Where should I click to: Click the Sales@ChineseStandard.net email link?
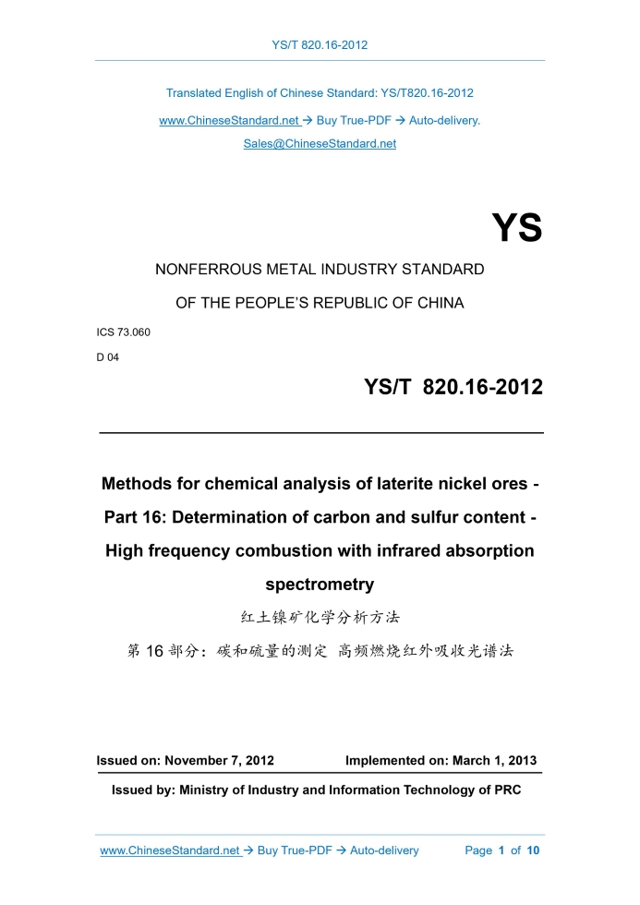pos(320,144)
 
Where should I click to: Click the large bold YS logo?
pos(516,228)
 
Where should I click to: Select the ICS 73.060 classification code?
pos(123,332)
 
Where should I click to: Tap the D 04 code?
pos(107,357)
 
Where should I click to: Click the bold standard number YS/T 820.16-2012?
pos(453,388)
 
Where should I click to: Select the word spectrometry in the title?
pos(320,584)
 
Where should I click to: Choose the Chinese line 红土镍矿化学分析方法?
pos(320,617)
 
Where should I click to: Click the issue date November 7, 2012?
pos(219,761)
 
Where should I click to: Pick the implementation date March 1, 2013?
pos(494,761)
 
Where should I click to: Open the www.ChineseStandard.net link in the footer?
pos(171,851)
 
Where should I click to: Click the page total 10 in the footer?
pos(533,851)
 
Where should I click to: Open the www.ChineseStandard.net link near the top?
pos(230,120)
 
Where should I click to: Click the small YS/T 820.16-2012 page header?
pos(320,44)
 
